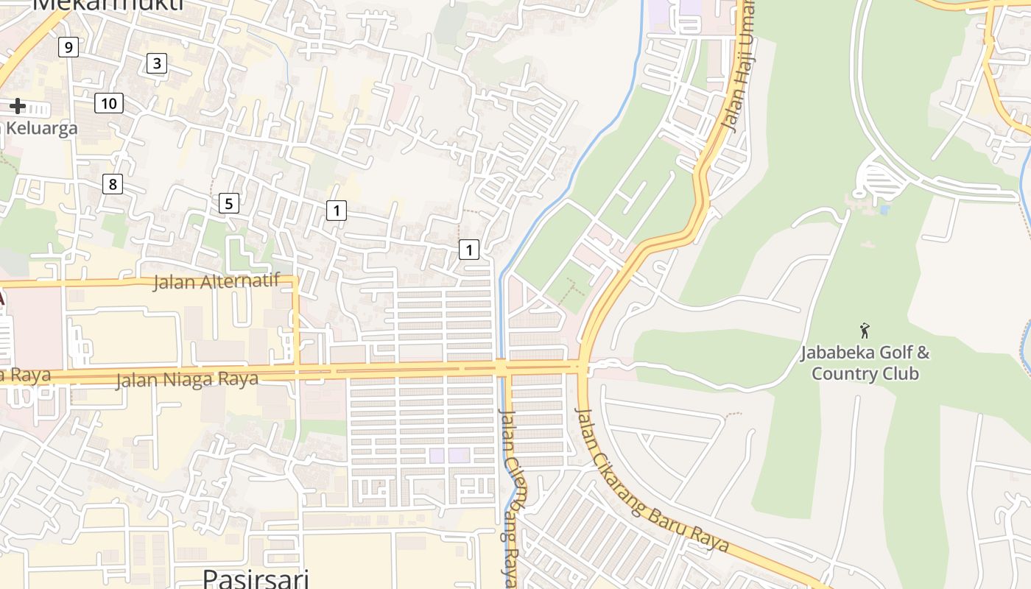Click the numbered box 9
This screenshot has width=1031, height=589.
click(68, 48)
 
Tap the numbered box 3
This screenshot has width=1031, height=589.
click(156, 63)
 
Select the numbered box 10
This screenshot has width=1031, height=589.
click(108, 103)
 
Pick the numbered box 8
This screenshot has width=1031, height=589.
click(113, 184)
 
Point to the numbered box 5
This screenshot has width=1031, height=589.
click(229, 203)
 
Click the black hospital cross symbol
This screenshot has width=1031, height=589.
click(17, 106)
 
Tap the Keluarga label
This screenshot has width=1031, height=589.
click(41, 128)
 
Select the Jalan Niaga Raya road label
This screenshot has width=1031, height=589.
click(187, 380)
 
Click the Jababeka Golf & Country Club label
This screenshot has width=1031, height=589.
click(865, 363)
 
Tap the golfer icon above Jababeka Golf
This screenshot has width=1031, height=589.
click(865, 331)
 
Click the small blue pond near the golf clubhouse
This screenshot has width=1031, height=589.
click(884, 210)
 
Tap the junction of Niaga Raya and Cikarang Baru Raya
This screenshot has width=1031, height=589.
click(583, 366)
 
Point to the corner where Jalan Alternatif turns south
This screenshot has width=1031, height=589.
click(296, 279)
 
